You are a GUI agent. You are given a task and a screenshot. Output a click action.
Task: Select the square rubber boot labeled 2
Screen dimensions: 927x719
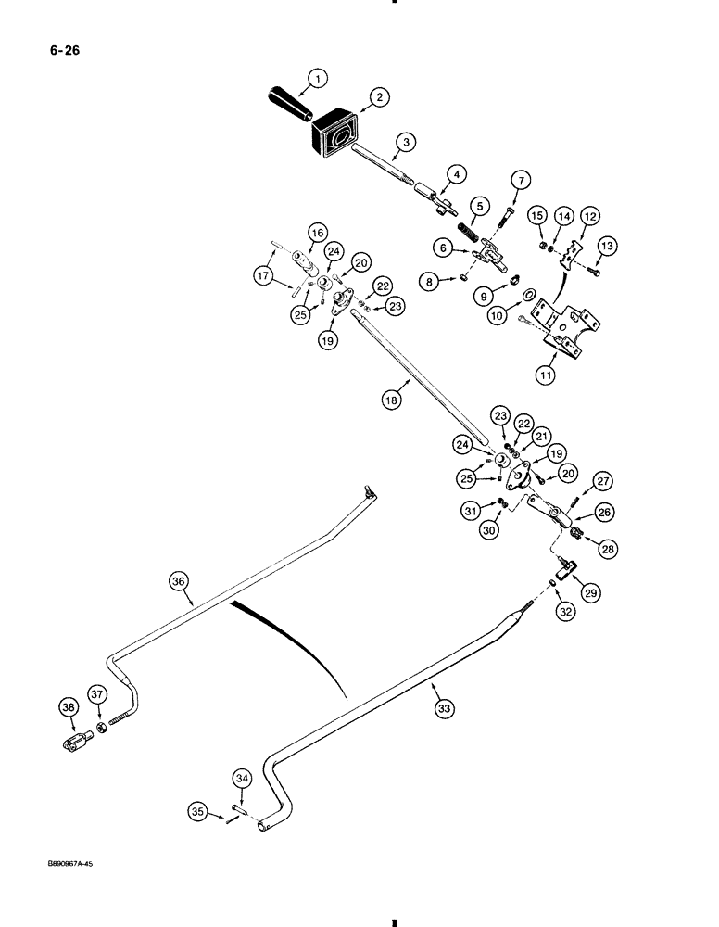[x=336, y=131]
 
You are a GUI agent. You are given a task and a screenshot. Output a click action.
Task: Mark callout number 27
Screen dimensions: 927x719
[x=603, y=480]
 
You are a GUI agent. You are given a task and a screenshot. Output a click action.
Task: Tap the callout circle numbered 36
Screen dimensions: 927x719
[x=179, y=582]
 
